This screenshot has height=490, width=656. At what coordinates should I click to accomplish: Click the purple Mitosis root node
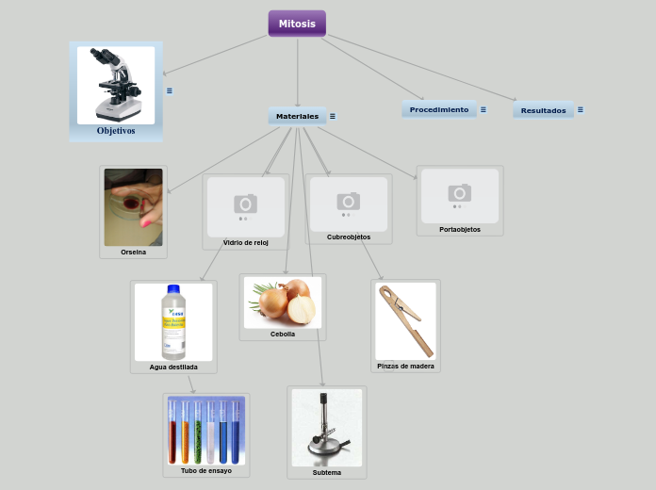click(297, 24)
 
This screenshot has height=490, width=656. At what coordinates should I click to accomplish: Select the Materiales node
click(297, 116)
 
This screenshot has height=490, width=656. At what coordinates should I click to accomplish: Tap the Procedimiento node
click(438, 109)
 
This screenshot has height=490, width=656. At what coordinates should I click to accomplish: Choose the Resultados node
click(543, 110)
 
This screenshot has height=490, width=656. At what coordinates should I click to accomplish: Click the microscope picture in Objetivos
click(116, 84)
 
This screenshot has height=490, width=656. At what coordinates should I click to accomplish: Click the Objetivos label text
click(116, 131)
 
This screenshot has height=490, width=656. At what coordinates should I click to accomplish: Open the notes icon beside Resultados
click(580, 109)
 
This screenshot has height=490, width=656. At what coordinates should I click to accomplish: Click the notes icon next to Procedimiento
click(484, 109)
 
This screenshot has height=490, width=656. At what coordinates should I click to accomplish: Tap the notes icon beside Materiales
click(333, 116)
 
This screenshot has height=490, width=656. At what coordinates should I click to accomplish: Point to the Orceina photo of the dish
click(133, 207)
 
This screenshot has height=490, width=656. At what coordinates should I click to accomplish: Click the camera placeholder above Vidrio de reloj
click(245, 205)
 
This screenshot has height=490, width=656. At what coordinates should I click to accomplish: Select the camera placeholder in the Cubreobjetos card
click(349, 203)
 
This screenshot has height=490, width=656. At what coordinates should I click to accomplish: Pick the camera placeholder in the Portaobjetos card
click(460, 195)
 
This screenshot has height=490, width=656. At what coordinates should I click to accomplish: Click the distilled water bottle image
click(173, 322)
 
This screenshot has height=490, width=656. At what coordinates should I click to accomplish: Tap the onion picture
click(283, 302)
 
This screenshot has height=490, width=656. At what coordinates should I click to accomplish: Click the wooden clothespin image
click(405, 320)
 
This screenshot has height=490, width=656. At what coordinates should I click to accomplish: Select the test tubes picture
click(206, 431)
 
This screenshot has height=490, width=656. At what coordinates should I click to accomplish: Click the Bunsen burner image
click(327, 427)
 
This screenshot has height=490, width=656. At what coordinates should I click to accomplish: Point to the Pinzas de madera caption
click(405, 366)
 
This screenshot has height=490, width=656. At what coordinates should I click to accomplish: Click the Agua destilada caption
click(173, 367)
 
